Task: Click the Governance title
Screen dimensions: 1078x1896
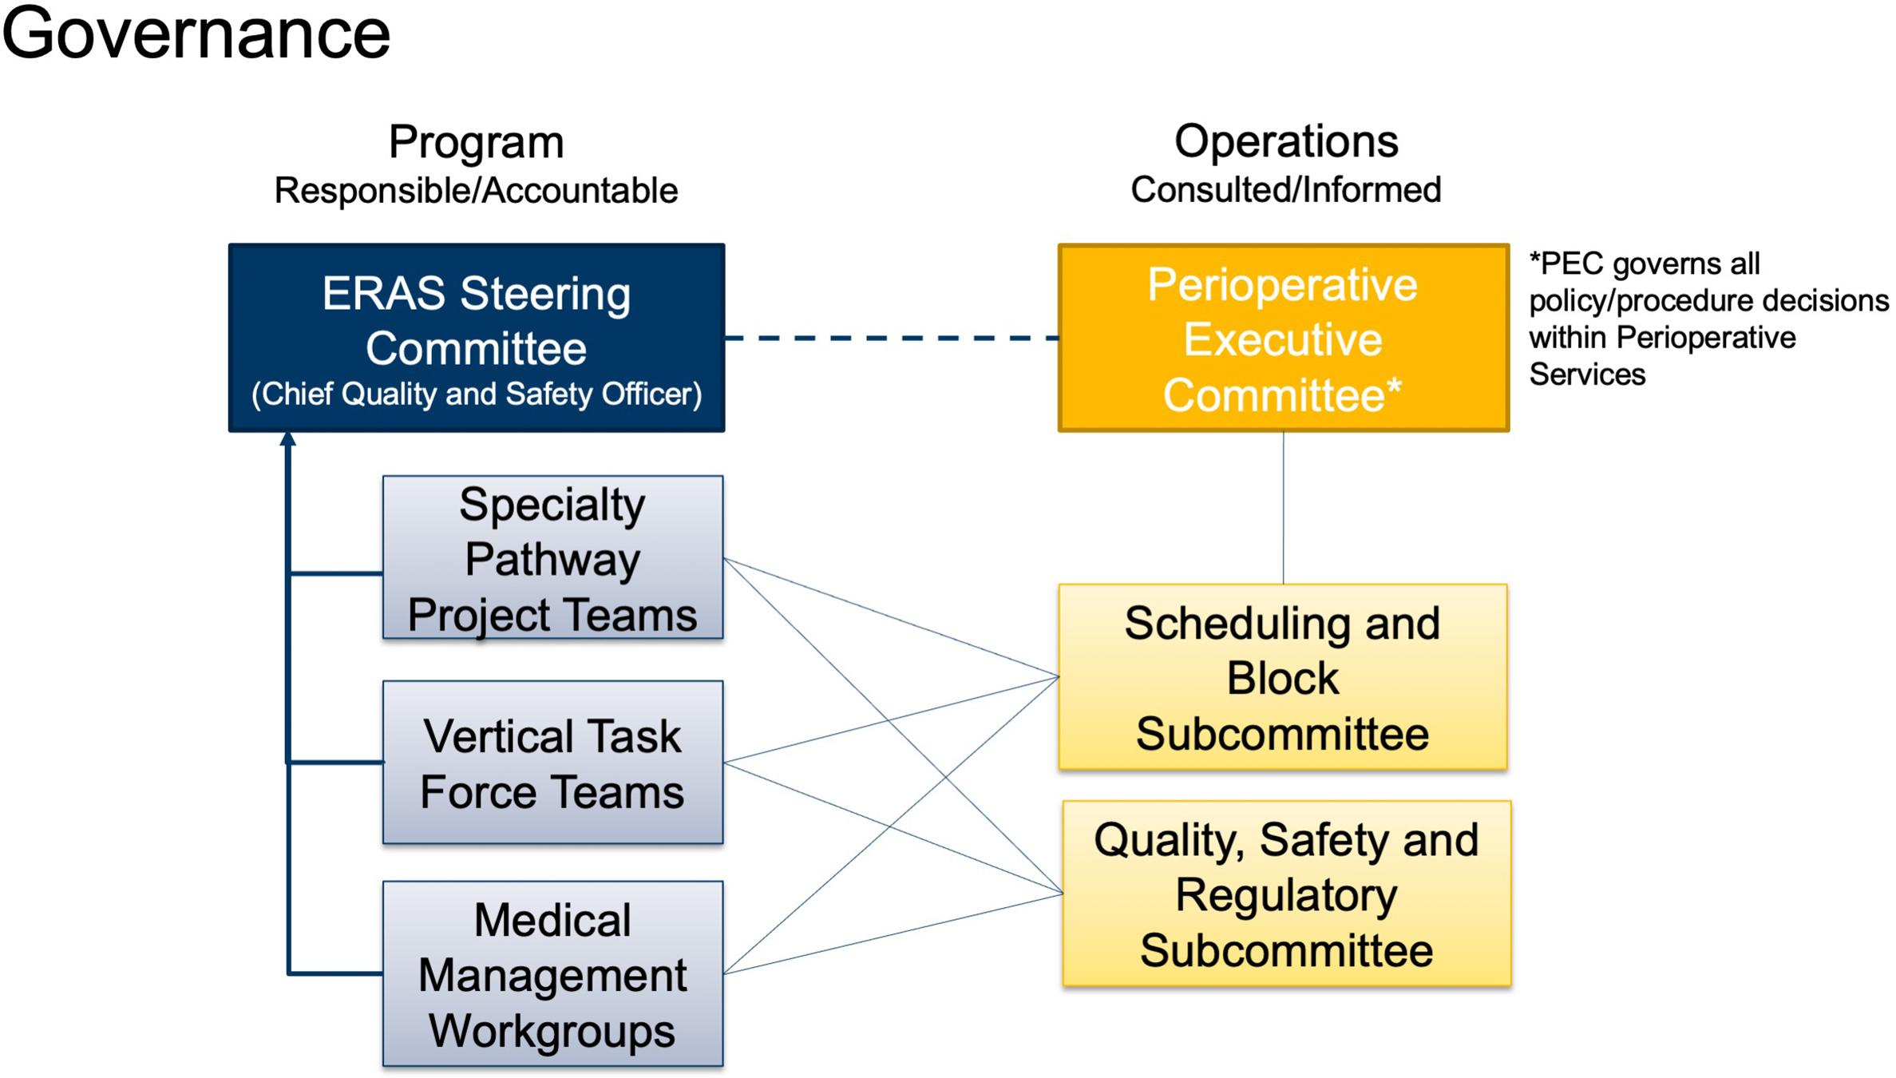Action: point(196,34)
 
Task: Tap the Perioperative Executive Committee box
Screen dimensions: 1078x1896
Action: point(1283,339)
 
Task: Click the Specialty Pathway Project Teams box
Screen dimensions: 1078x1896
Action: point(552,558)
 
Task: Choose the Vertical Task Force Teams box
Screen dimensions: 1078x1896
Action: point(552,763)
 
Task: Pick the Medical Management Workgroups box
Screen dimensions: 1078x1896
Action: point(552,974)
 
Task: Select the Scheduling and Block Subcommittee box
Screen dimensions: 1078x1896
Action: point(1283,677)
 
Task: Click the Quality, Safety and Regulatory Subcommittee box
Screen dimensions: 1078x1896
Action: point(1286,894)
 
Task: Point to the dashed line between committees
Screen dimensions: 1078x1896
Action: point(891,339)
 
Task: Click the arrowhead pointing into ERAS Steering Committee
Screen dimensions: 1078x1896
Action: point(288,438)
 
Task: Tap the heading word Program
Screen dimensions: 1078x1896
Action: point(477,142)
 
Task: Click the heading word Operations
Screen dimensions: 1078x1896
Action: point(1286,141)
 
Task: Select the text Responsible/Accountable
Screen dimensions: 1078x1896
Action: point(477,191)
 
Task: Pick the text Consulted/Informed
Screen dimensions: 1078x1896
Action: point(1286,190)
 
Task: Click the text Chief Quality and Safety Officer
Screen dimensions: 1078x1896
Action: point(477,394)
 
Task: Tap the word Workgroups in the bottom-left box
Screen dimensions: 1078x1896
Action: point(552,1030)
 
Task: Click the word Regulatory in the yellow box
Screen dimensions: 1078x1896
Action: point(1286,894)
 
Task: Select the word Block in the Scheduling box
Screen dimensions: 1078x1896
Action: point(1283,678)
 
